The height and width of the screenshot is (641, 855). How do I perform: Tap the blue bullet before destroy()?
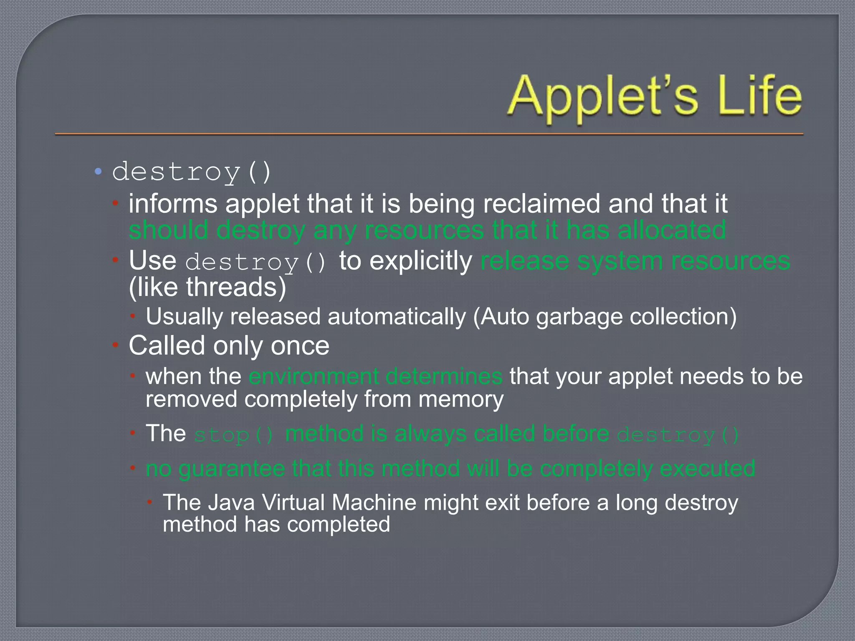[x=98, y=171]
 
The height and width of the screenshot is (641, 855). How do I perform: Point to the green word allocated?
[x=672, y=230]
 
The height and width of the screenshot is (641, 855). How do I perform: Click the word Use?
[x=152, y=261]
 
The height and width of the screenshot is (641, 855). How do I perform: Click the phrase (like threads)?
[x=207, y=288]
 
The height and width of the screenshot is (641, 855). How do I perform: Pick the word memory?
[x=461, y=399]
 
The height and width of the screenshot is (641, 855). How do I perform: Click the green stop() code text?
[x=234, y=435]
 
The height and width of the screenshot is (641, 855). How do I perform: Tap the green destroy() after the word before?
[x=678, y=435]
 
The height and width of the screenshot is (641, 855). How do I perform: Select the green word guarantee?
[x=231, y=469]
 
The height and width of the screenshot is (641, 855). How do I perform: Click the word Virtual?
[x=293, y=502]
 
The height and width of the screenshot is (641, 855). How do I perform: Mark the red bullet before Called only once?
[x=116, y=345]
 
